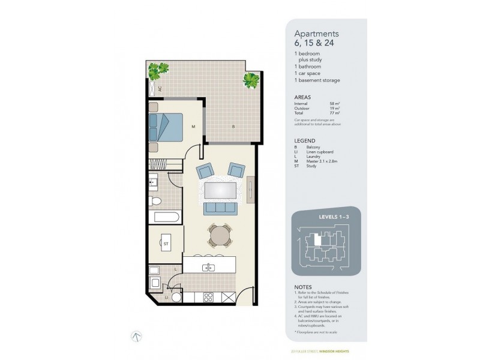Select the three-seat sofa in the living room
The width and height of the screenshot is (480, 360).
(220, 208)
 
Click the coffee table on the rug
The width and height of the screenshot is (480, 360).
(220, 190)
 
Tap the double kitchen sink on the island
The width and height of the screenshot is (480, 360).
(209, 267)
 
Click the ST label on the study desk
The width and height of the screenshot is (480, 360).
(166, 244)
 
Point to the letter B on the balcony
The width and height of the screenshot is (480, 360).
(233, 127)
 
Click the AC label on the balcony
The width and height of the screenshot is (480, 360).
(160, 89)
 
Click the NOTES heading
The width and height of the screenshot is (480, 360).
(303, 286)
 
